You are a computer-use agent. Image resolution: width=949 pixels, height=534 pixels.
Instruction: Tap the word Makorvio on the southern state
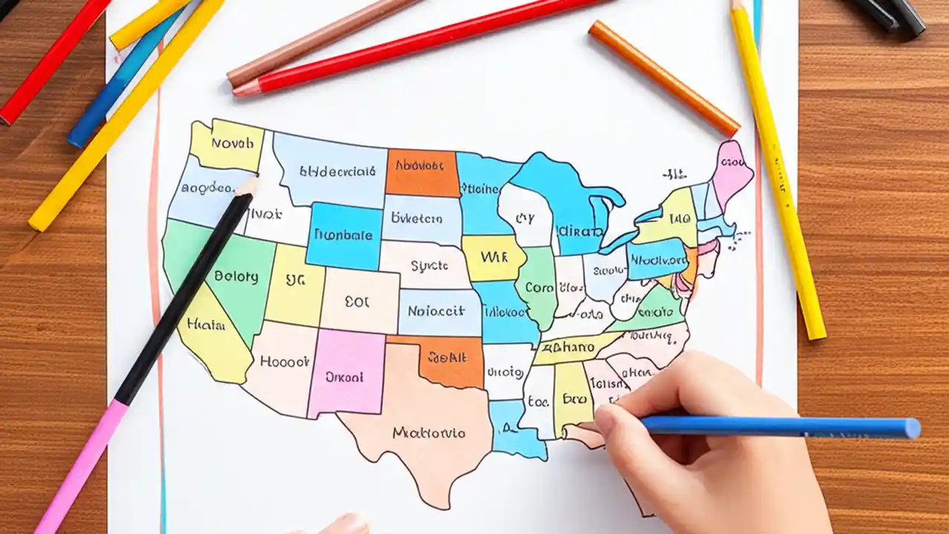tap(429, 432)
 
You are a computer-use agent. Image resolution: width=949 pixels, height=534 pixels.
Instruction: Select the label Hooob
tap(285, 362)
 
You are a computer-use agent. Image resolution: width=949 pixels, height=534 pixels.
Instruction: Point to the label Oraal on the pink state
tap(345, 377)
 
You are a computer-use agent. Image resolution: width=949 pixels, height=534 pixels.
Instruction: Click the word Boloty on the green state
tap(236, 277)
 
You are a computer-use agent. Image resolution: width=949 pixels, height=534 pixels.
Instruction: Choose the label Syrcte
tap(429, 265)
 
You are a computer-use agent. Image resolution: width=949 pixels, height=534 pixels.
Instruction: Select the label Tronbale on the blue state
tap(343, 234)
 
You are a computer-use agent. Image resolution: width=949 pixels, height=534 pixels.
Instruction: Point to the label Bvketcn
tap(417, 219)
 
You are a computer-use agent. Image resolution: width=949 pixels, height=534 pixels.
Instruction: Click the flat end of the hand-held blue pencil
tap(913, 428)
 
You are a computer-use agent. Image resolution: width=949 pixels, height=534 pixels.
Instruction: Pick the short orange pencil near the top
tap(664, 77)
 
